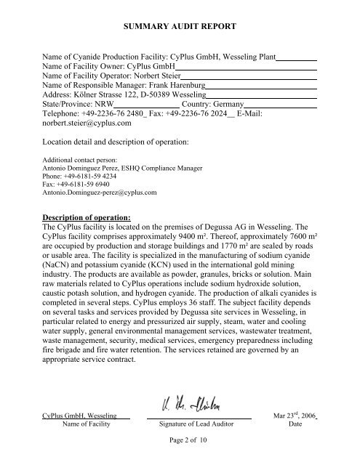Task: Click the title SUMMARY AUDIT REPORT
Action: tap(180, 27)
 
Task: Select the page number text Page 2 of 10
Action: tap(180, 442)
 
